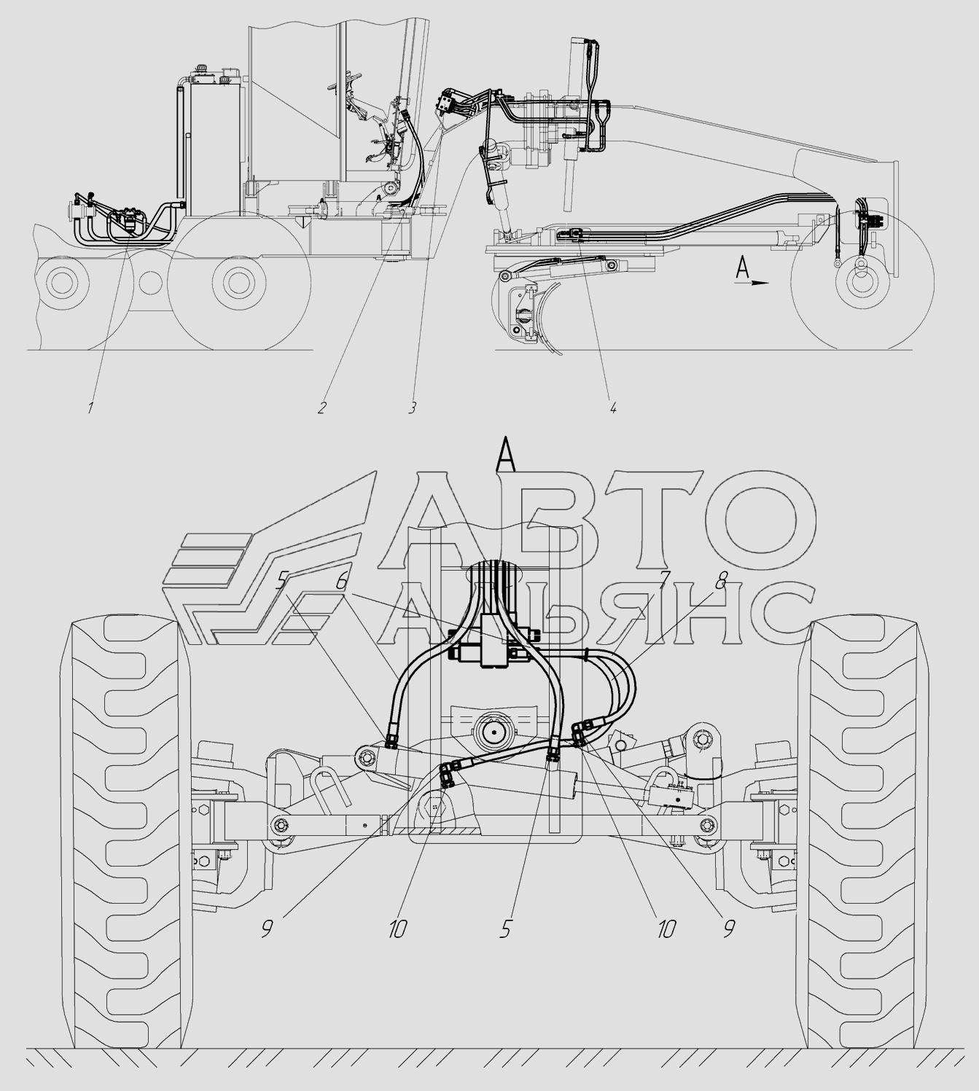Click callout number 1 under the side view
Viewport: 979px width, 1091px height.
tap(90, 407)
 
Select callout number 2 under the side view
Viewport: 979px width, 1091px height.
tap(321, 407)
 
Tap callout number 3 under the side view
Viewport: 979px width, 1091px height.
tap(412, 407)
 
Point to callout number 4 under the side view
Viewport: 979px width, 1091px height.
tap(612, 407)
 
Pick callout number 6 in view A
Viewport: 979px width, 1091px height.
tap(343, 582)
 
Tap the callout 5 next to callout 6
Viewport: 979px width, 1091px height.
tap(282, 581)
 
